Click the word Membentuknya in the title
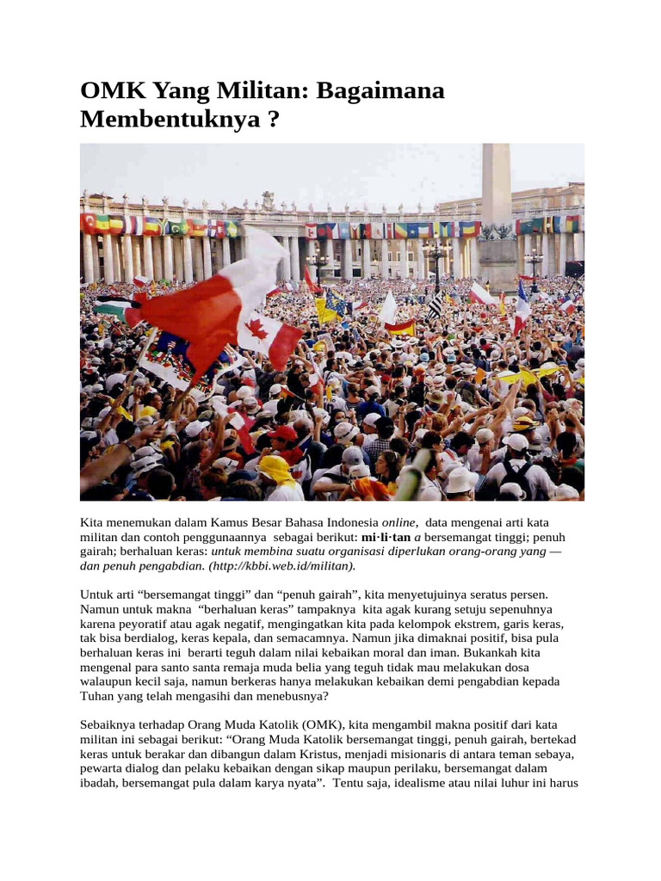(x=168, y=120)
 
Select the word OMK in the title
(x=109, y=90)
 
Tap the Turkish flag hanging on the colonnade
(x=88, y=224)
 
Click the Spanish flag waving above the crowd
(x=400, y=328)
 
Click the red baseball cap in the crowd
(x=284, y=434)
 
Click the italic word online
(x=399, y=522)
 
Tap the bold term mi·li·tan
(x=386, y=537)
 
